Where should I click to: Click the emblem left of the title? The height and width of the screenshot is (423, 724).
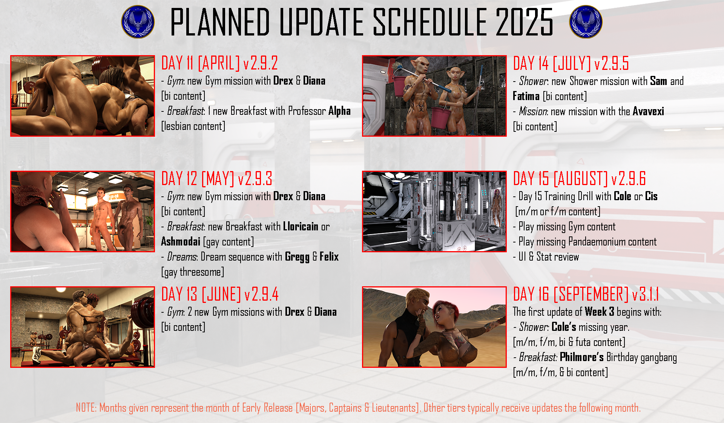138,22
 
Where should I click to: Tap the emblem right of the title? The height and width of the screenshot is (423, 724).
586,22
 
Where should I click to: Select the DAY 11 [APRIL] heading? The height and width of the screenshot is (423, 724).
201,63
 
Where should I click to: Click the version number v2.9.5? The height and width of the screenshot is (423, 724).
612,63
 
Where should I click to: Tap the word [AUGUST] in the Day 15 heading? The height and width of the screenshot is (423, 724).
581,179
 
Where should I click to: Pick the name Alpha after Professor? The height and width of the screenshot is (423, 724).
339,111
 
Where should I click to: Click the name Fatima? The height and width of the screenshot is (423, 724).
526,96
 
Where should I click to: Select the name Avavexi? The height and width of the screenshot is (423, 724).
648,111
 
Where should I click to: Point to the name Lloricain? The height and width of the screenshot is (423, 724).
301,227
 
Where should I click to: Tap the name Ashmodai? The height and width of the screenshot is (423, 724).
181,241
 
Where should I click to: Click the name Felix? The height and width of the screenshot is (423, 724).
329,257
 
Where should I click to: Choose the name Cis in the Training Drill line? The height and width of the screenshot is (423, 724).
651,196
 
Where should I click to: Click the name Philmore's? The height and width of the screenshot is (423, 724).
582,357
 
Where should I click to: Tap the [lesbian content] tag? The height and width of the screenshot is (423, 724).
193,126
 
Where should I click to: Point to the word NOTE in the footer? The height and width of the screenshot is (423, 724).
86,408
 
